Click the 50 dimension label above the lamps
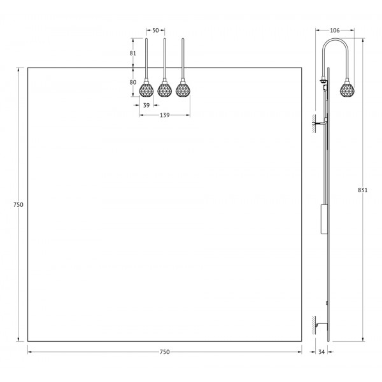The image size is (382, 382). point(155,31)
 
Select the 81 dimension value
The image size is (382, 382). point(133,53)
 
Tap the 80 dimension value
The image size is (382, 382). point(133,82)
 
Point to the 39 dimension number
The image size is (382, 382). point(146,105)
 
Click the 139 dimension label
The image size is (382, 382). point(165,115)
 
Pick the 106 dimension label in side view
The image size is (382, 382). point(334,31)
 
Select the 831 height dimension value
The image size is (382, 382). point(362,190)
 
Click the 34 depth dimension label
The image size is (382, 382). point(322,352)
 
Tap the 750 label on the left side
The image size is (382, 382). point(18,205)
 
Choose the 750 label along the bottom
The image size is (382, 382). point(165,352)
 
